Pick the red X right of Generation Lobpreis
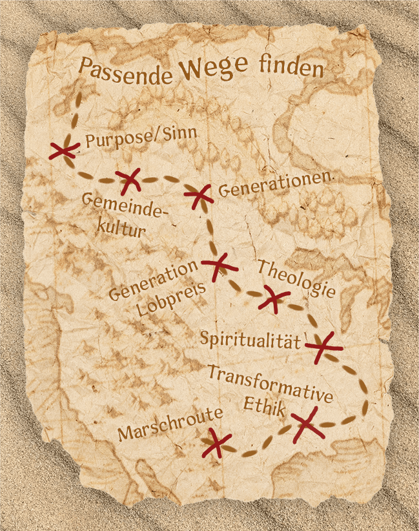218,265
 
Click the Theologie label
296,278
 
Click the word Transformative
271,382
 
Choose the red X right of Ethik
306,424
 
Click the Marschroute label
170,424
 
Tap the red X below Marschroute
217,444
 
